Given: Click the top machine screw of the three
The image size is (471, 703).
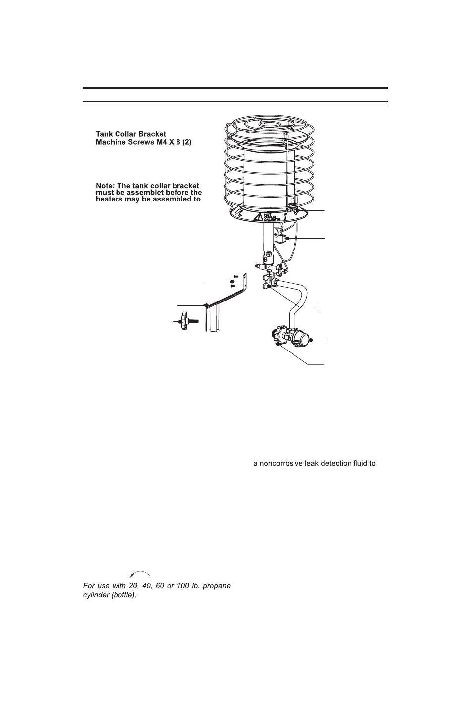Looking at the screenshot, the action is coord(236,277).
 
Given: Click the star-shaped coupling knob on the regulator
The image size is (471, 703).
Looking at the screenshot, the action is coord(278,335).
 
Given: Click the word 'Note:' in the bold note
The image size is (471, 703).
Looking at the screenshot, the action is coord(105,186).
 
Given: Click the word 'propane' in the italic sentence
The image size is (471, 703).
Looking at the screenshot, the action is coord(217,586).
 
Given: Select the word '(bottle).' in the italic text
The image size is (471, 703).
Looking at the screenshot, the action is coord(124,595).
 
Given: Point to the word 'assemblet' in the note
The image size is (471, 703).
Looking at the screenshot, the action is coord(149,193).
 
